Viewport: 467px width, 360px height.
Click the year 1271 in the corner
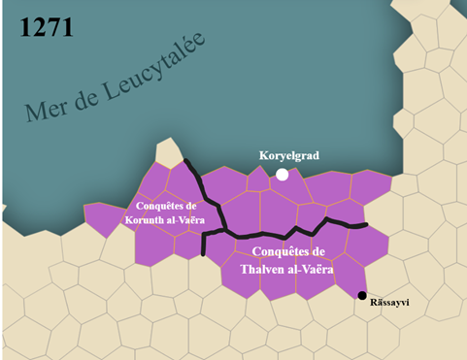tap(46, 26)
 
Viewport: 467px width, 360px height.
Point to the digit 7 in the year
tap(52, 26)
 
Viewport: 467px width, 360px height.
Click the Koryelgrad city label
tap(288, 155)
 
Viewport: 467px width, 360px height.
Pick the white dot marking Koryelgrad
tap(282, 175)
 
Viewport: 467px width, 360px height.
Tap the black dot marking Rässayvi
tap(361, 295)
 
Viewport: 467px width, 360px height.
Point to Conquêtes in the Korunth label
tap(151, 206)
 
